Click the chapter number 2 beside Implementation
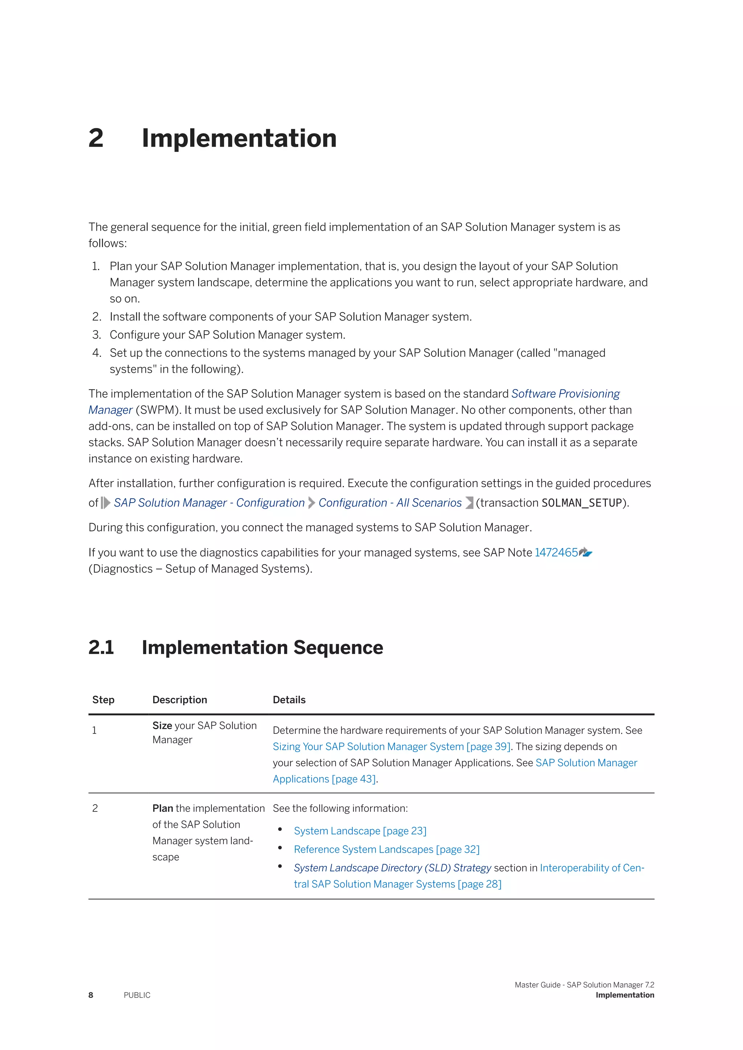pyautogui.click(x=96, y=138)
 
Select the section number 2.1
pyautogui.click(x=101, y=648)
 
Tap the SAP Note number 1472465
pyautogui.click(x=556, y=553)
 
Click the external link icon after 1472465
pyautogui.click(x=586, y=553)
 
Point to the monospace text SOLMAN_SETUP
pyautogui.click(x=582, y=503)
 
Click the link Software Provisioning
pyautogui.click(x=566, y=394)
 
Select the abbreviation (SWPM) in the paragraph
pyautogui.click(x=157, y=410)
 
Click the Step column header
pyautogui.click(x=103, y=700)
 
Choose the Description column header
pyautogui.click(x=180, y=700)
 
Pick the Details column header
pyautogui.click(x=289, y=700)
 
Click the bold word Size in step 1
pyautogui.click(x=162, y=726)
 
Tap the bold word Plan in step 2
pyautogui.click(x=163, y=809)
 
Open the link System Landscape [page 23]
pyautogui.click(x=360, y=831)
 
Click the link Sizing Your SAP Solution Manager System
pyautogui.click(x=391, y=747)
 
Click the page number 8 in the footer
pyautogui.click(x=91, y=995)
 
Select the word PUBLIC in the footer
pyautogui.click(x=137, y=995)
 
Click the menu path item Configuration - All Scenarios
pyautogui.click(x=390, y=503)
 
